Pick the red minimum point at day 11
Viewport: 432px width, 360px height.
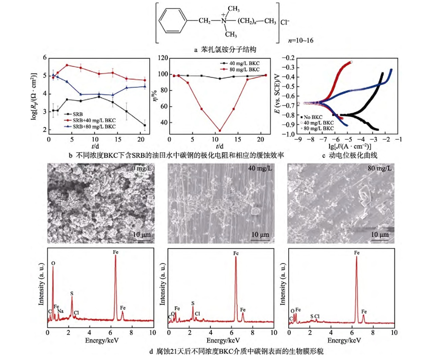(219, 130)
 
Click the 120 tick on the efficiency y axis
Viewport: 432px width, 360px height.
(162, 58)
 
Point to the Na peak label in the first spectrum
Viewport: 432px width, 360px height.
(60, 311)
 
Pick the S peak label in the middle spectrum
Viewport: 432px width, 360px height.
(193, 302)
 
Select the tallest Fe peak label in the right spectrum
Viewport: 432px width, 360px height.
(357, 253)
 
